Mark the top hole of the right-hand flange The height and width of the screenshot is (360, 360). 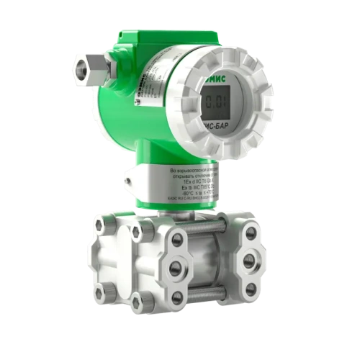click(250, 233)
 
